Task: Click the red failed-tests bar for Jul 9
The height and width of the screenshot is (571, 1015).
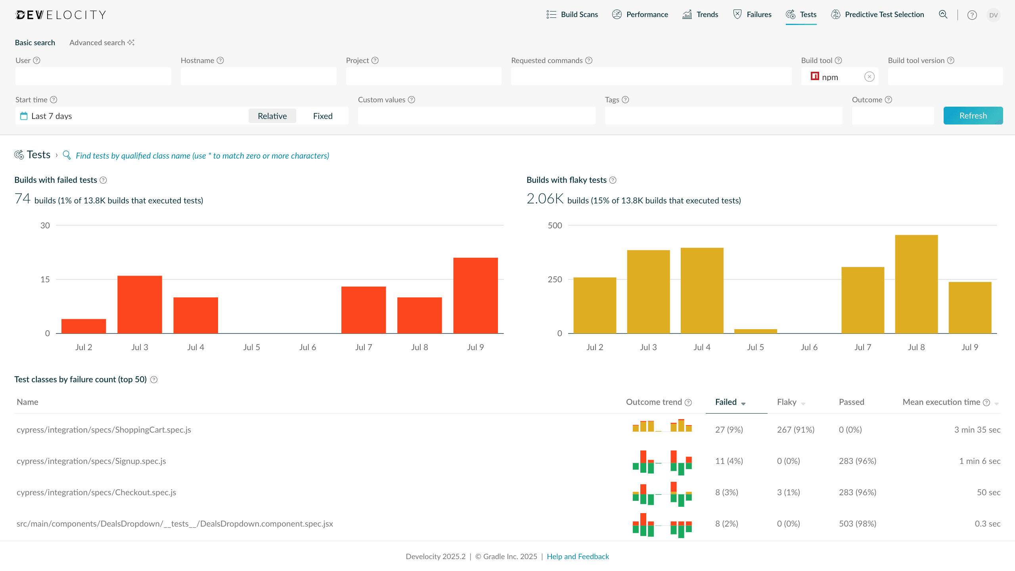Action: point(475,295)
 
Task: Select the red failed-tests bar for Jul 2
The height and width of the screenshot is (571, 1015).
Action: point(84,326)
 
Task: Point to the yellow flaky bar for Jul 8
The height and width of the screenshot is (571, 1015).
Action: point(916,284)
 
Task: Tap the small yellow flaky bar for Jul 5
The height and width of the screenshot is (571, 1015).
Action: point(755,331)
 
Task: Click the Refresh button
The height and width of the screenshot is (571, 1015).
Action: point(973,116)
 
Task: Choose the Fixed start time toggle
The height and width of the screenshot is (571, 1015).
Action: point(323,116)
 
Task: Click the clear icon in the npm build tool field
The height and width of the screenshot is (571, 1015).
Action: point(869,77)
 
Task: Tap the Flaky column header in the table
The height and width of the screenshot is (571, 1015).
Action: point(787,402)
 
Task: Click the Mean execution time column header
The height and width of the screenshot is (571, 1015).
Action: point(941,402)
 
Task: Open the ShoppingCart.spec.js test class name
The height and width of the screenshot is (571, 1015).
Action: point(104,430)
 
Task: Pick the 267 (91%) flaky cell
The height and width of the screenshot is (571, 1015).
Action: point(795,430)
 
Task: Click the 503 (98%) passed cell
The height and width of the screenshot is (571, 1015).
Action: point(857,524)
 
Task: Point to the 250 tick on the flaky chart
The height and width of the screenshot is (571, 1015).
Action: point(555,280)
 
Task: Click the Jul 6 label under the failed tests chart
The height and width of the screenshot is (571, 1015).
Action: point(308,347)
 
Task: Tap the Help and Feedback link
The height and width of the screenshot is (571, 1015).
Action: point(578,556)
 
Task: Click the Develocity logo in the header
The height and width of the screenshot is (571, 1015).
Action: point(61,15)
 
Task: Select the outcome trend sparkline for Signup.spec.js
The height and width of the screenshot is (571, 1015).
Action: point(662,462)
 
